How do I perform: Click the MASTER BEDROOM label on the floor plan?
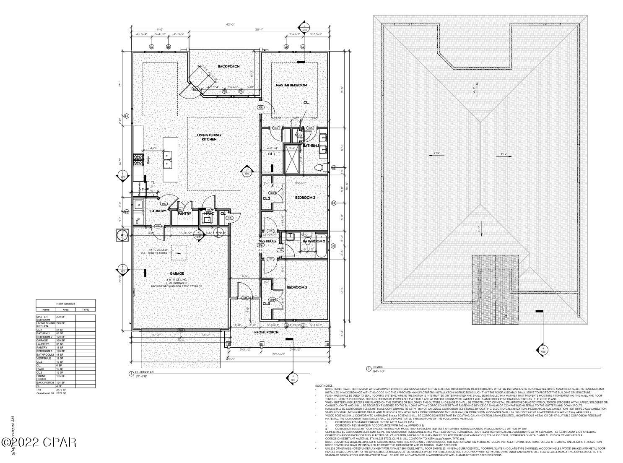[291, 85]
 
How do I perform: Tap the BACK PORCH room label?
[228, 66]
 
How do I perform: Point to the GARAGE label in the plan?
[177, 273]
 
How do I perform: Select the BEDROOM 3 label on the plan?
[297, 287]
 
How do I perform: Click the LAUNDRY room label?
[158, 211]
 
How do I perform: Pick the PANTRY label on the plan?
[184, 213]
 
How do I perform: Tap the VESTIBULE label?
[267, 241]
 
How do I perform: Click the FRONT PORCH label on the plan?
[266, 332]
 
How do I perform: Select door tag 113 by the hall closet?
[229, 218]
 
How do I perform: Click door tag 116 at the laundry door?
[164, 204]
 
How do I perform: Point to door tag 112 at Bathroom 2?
[280, 250]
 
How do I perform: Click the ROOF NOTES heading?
[324, 385]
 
